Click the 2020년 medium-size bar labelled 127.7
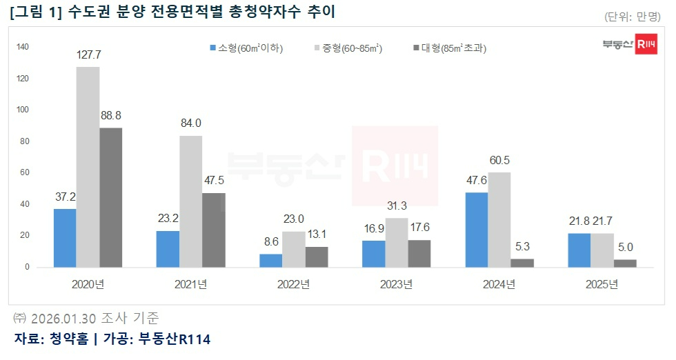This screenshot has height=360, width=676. point(88,167)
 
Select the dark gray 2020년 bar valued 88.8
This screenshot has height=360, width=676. point(110,197)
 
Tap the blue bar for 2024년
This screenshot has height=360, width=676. point(477,230)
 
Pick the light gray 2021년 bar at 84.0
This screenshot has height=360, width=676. point(190,201)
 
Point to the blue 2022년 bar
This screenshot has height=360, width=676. point(270,260)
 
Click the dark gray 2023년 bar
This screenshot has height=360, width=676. point(419,253)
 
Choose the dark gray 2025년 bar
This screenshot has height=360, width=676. point(625,263)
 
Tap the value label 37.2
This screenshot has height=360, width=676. point(65,197)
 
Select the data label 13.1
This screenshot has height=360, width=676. point(317,235)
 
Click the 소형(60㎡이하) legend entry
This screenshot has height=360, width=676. point(246,48)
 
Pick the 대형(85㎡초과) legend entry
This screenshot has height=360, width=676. point(449,48)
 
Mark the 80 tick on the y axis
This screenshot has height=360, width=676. point(25,141)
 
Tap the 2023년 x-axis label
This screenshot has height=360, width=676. point(396,284)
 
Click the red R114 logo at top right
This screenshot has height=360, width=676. point(647,45)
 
